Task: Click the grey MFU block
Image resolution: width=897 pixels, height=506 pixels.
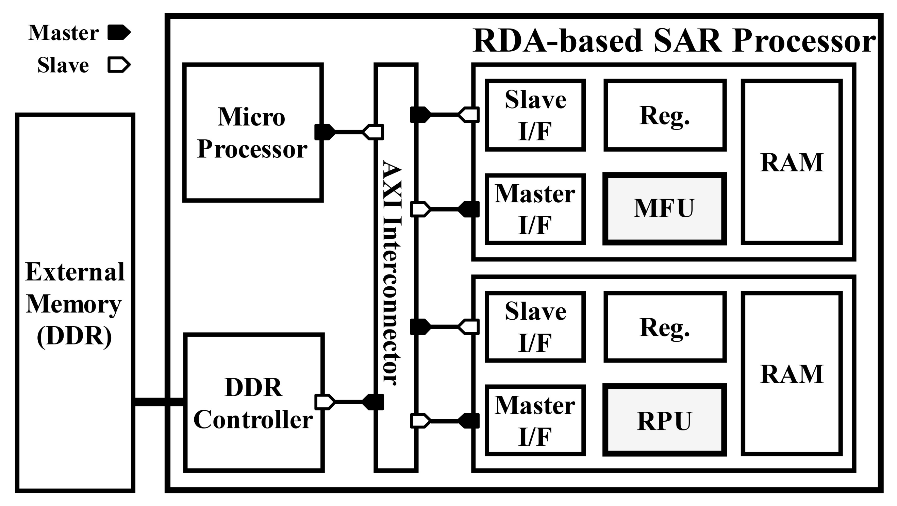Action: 664,208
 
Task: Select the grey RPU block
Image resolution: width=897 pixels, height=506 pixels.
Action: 664,420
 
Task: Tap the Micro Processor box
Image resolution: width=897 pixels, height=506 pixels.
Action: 253,133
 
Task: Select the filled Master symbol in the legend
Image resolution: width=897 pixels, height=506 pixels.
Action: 119,33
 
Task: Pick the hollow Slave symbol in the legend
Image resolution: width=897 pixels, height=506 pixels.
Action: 119,65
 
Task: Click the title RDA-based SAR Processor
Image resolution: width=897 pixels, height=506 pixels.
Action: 674,41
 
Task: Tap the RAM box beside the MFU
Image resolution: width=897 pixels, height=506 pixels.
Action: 792,162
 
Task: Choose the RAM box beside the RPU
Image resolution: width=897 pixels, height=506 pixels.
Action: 792,374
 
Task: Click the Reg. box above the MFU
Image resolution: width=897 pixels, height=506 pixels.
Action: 664,115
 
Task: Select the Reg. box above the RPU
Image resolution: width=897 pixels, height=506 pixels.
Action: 664,327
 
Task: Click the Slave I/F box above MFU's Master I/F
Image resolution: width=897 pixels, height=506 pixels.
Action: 535,115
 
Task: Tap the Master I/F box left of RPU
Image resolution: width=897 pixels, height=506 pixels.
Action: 535,420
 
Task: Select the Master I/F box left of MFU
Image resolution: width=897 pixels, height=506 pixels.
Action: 535,209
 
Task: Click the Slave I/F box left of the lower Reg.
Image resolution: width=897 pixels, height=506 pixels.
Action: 535,327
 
